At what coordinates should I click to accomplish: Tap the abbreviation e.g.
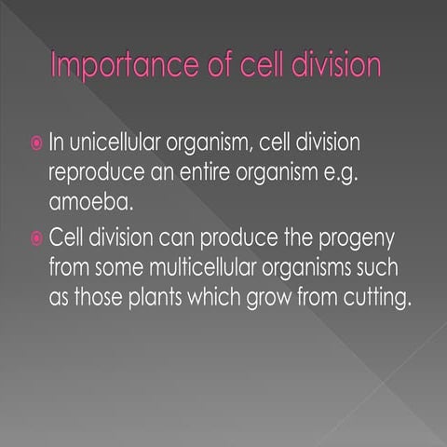pos(373,173)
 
